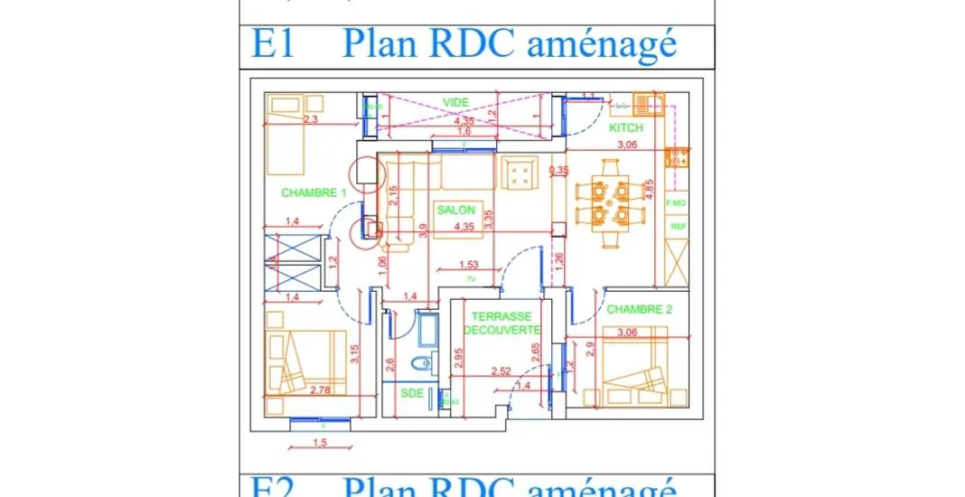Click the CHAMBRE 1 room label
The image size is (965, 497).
[x=314, y=192]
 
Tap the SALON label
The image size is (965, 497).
[x=455, y=210]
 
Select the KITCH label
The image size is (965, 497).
[x=626, y=128]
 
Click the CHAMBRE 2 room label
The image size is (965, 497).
[x=640, y=309]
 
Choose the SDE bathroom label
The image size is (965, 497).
[x=412, y=393]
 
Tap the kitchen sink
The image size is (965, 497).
[x=646, y=101]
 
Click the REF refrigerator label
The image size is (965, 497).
[x=678, y=227]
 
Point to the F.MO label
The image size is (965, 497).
[x=677, y=203]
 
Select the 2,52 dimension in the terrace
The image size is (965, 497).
[x=501, y=371]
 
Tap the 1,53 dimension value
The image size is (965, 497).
[x=469, y=265]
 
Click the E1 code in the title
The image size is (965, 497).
[x=272, y=44]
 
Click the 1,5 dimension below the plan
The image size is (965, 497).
[x=319, y=442]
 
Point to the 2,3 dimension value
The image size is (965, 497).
[x=312, y=118]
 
